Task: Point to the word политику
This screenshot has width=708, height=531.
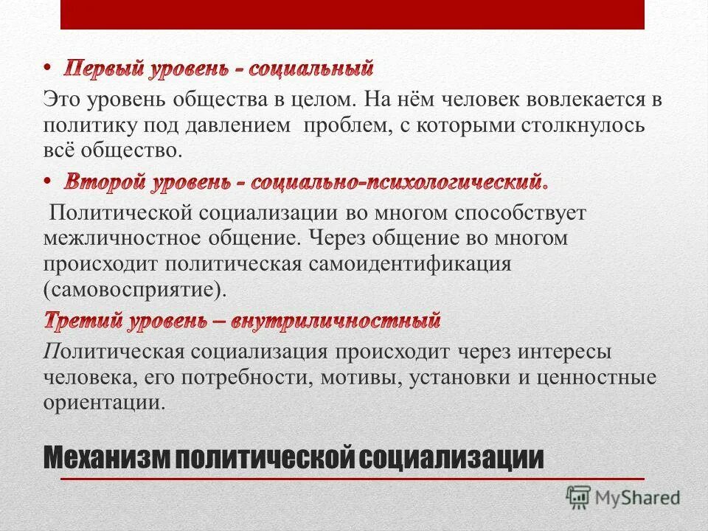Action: (x=83, y=125)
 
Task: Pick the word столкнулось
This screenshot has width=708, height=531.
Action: (x=579, y=125)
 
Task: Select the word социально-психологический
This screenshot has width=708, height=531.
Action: (x=399, y=181)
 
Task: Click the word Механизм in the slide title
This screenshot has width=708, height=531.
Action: (x=107, y=458)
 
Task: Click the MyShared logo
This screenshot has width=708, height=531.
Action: (x=623, y=496)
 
